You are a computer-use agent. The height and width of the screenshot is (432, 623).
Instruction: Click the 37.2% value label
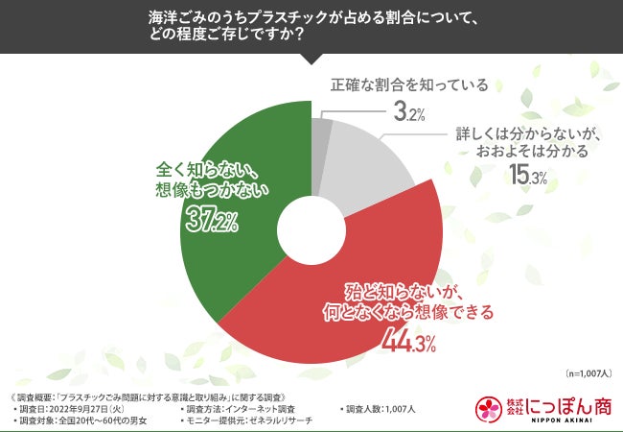[210, 222]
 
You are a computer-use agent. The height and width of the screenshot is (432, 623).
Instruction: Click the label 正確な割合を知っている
[409, 84]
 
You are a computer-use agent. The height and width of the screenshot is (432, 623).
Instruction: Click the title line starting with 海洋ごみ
[311, 15]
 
